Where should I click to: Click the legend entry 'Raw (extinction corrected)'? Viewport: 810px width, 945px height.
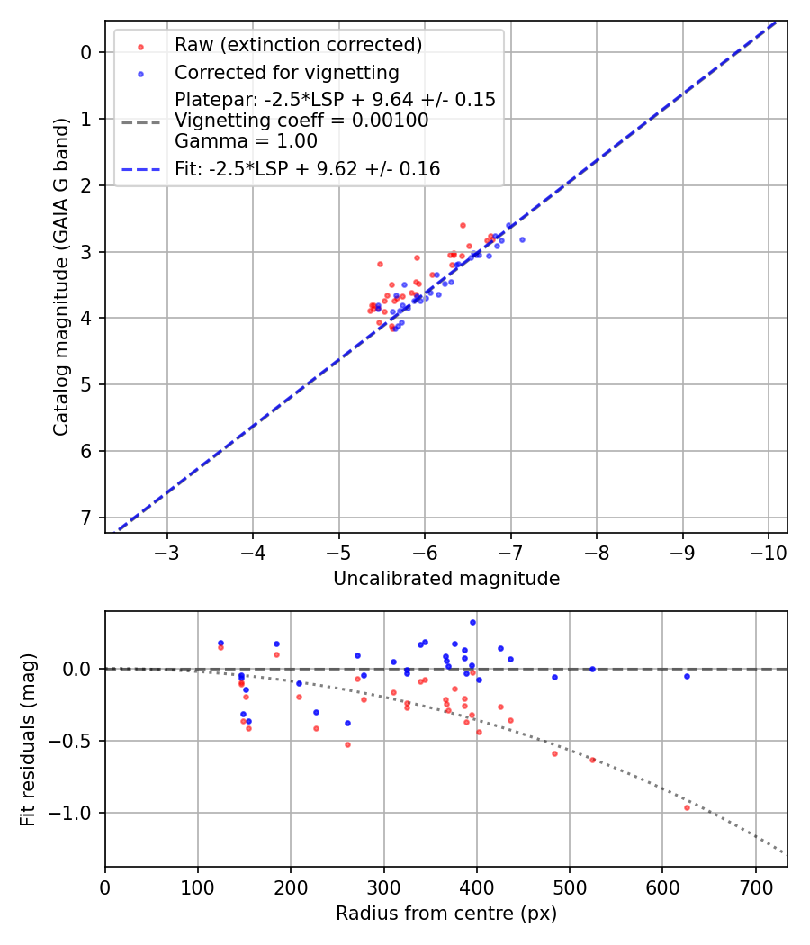point(298,45)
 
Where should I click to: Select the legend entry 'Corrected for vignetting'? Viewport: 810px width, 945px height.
point(286,72)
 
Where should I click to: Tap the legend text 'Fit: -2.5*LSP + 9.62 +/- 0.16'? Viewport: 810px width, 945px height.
point(307,168)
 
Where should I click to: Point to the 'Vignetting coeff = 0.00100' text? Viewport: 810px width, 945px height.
point(301,120)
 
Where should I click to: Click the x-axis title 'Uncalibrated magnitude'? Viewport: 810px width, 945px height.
point(446,579)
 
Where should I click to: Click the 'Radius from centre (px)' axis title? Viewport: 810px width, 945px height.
point(446,913)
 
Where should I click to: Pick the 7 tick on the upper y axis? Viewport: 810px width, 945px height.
point(86,517)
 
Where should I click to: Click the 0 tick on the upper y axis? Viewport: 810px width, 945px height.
point(86,52)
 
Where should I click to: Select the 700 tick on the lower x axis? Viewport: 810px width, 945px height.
point(755,886)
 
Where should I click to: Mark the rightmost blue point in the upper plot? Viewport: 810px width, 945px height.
point(522,239)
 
